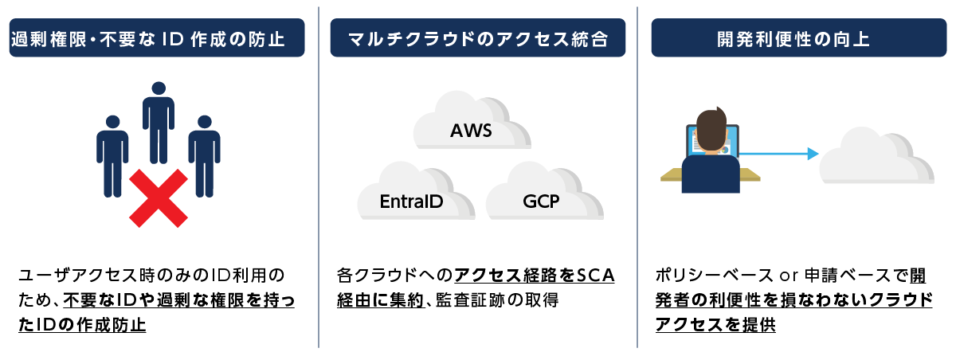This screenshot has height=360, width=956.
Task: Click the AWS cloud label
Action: [x=471, y=129]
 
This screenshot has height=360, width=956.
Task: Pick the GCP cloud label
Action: [x=541, y=201]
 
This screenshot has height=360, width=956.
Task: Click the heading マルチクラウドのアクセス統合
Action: [x=478, y=38]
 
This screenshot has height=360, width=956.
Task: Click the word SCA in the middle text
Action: [x=595, y=276]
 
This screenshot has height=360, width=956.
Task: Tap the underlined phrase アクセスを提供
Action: [x=715, y=326]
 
